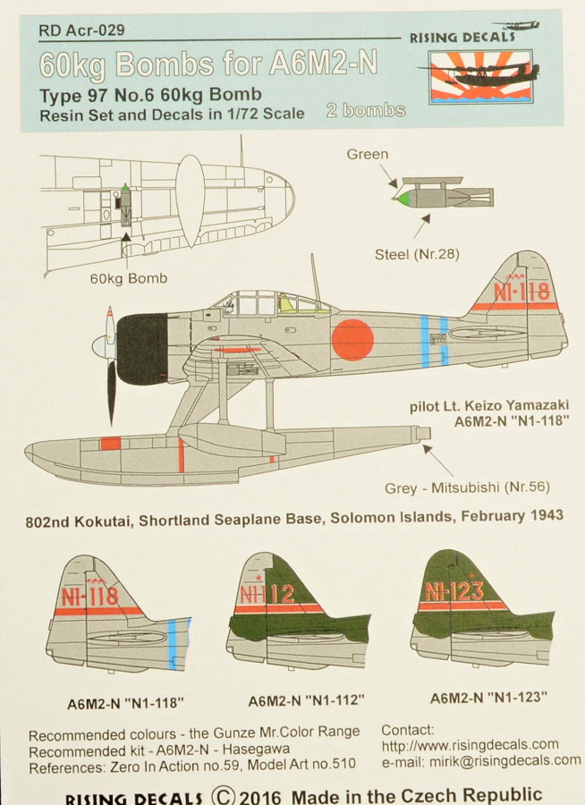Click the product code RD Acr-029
tap(81, 30)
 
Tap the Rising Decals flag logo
tap(480, 77)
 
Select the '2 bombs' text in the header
tap(366, 111)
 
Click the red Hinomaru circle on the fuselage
tap(352, 340)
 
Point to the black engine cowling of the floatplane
tap(143, 350)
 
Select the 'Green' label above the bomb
tap(368, 155)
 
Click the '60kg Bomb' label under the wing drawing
tap(128, 278)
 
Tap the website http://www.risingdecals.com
tap(470, 744)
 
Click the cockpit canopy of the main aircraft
tap(268, 304)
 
